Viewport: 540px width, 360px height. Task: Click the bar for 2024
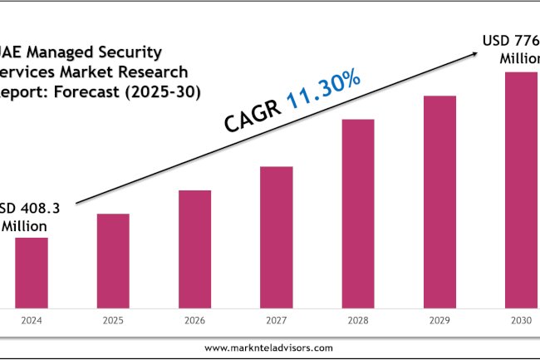pos(32,273)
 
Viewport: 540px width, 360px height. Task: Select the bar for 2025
pos(113,261)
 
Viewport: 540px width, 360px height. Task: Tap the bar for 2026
pos(194,249)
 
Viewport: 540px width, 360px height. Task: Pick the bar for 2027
pos(276,237)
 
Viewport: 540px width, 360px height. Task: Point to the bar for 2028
pos(357,214)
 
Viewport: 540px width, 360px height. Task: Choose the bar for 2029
pos(439,202)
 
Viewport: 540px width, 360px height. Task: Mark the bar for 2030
pos(521,190)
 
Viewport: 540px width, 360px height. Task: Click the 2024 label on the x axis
pos(32,320)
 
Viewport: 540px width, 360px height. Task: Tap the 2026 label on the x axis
pos(194,320)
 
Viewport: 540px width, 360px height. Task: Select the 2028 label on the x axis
pos(357,320)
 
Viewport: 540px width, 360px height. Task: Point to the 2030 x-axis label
pos(521,320)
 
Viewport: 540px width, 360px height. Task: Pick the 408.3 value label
pos(36,208)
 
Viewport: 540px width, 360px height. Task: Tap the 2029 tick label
pos(439,320)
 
